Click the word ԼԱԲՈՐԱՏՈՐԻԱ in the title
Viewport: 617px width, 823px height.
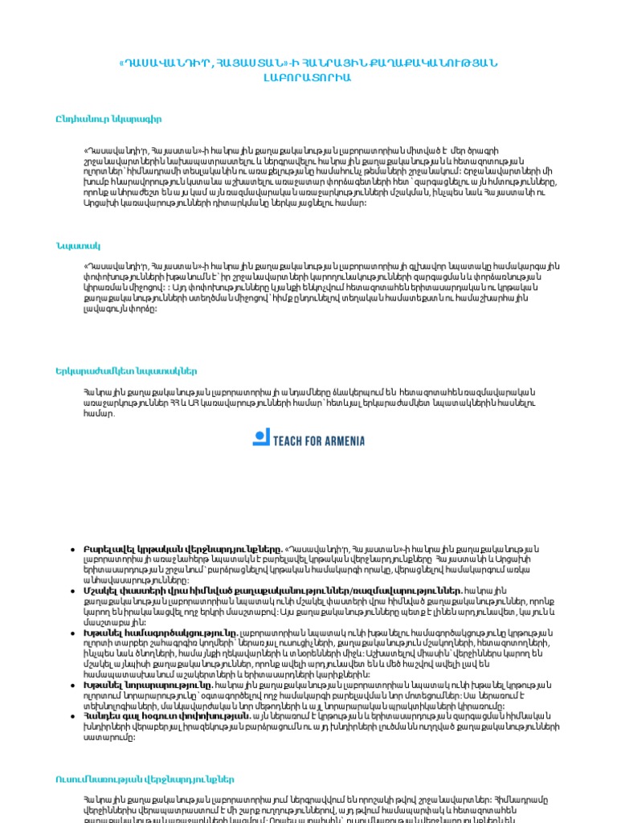(x=307, y=78)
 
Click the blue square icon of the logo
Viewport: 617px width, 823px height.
(x=261, y=438)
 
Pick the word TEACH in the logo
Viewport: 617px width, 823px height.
(x=294, y=440)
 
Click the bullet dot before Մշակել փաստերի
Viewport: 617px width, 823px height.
(x=73, y=591)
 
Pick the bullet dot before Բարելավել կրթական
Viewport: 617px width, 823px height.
(x=73, y=548)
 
